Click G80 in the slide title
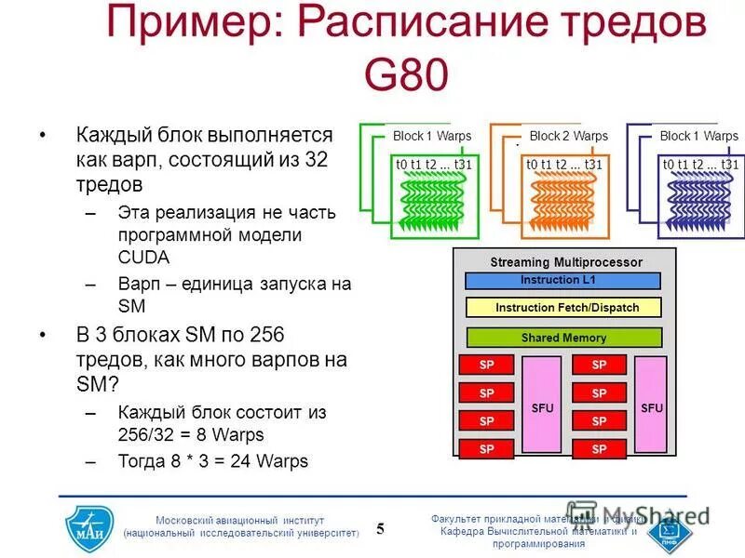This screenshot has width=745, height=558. (x=406, y=74)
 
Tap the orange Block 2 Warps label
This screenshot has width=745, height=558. (x=568, y=136)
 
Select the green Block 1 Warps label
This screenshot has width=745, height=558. (x=432, y=136)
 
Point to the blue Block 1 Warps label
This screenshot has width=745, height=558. (x=698, y=136)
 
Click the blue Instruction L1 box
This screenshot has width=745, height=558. (x=562, y=280)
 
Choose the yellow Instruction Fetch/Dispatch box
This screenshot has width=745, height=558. (x=562, y=308)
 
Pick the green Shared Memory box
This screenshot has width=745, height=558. (x=562, y=338)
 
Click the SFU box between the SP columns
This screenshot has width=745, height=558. (x=542, y=406)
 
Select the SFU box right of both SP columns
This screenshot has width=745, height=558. (x=651, y=406)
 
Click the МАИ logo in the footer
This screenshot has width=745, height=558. (x=89, y=526)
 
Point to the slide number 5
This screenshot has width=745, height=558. (x=380, y=529)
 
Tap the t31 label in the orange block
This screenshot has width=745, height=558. (x=593, y=165)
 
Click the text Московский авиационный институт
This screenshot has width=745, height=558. (x=240, y=520)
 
